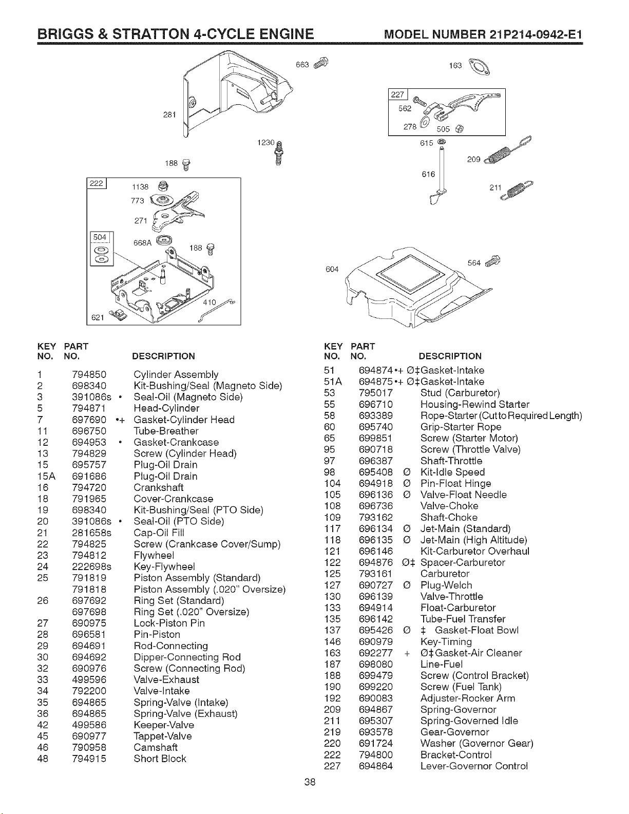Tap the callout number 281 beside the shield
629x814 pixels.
pyautogui.click(x=169, y=115)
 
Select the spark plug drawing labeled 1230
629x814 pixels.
pyautogui.click(x=279, y=154)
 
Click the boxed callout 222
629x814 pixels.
pyautogui.click(x=96, y=183)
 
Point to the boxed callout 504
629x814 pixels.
pyautogui.click(x=100, y=237)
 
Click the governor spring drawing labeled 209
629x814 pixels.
pyautogui.click(x=508, y=150)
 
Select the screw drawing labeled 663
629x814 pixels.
pyautogui.click(x=321, y=63)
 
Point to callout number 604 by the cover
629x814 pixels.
pyautogui.click(x=332, y=269)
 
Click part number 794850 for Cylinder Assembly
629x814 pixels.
pyautogui.click(x=89, y=374)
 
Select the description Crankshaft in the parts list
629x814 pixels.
pyautogui.click(x=158, y=487)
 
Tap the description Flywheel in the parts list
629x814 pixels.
pyautogui.click(x=154, y=555)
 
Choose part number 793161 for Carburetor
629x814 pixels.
pyautogui.click(x=375, y=574)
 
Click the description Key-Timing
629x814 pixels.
pyautogui.click(x=446, y=641)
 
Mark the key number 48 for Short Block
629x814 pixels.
pyautogui.click(x=43, y=759)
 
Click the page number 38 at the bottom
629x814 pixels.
pyautogui.click(x=310, y=782)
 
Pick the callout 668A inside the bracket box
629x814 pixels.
pyautogui.click(x=142, y=243)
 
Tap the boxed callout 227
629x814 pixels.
pyautogui.click(x=397, y=94)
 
